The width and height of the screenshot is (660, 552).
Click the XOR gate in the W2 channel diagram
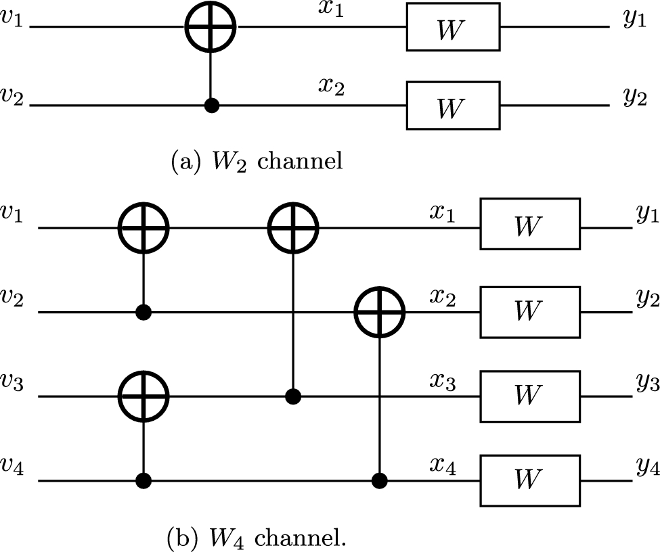211,28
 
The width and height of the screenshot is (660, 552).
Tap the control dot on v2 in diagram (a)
211,106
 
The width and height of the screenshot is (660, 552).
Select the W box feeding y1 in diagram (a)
453,28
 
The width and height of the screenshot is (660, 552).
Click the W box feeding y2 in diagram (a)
453,106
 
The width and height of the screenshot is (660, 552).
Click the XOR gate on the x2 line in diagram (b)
379,313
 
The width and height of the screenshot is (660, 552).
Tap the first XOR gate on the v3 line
143,396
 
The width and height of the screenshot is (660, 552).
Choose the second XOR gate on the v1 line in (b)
292,229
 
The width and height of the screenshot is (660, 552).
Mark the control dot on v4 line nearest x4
379,481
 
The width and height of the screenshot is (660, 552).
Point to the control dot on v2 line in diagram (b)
143,313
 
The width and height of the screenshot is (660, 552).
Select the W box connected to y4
530,481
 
